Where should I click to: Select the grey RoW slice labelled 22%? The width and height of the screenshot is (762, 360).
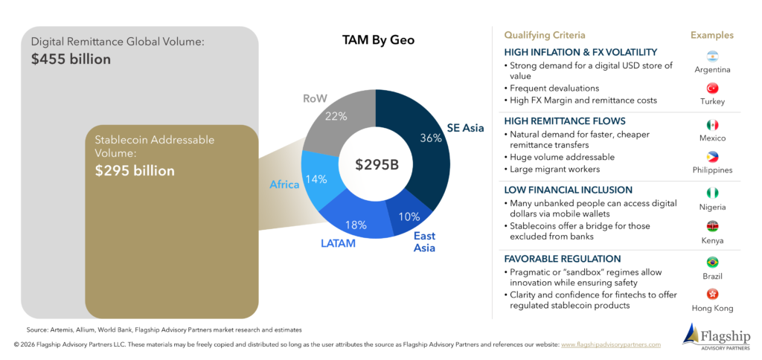click(x=336, y=119)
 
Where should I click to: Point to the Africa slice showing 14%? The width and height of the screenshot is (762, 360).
click(x=316, y=180)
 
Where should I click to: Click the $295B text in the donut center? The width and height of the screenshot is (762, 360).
click(x=377, y=164)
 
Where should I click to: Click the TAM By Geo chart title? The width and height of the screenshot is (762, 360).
click(x=379, y=40)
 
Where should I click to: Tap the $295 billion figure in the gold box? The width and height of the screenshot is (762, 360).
click(x=135, y=171)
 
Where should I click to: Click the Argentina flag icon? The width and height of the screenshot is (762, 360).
click(x=712, y=57)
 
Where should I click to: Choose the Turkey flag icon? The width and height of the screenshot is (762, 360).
click(x=712, y=89)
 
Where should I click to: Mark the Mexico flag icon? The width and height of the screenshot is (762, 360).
click(x=712, y=125)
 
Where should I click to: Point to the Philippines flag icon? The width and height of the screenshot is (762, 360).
click(x=712, y=157)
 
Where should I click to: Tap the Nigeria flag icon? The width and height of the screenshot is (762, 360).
click(x=712, y=193)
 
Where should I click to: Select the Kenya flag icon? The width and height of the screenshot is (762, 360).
click(x=712, y=226)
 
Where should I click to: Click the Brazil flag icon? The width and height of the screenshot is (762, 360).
click(x=712, y=263)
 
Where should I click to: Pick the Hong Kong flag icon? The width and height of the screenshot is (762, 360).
click(x=712, y=295)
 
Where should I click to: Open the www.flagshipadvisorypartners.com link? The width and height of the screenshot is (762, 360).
click(x=611, y=344)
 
